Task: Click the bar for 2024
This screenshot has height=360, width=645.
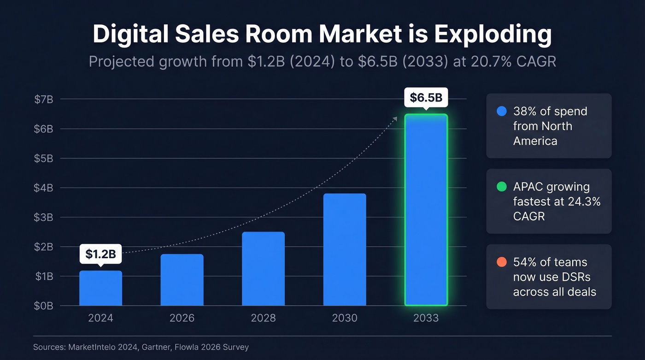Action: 100,288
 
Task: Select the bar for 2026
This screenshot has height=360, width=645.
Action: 182,280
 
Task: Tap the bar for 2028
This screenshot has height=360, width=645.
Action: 263,269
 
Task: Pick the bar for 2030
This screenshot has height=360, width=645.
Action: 345,249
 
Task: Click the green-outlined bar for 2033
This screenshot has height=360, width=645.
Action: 426,210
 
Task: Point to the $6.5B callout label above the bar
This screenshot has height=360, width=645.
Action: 426,98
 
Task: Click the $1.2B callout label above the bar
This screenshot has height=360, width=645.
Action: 100,254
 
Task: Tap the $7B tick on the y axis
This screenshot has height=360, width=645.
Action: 44,99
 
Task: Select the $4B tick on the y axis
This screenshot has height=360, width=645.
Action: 44,188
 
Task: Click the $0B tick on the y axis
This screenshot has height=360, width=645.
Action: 44,306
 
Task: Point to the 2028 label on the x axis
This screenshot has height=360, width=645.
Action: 263,318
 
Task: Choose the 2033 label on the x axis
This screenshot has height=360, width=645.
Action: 426,318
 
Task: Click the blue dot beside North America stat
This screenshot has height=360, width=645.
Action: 502,111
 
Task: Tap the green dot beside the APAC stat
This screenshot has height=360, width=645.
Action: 502,187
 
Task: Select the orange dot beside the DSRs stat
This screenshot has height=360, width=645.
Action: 502,262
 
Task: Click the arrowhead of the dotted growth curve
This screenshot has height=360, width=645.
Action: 395,118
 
